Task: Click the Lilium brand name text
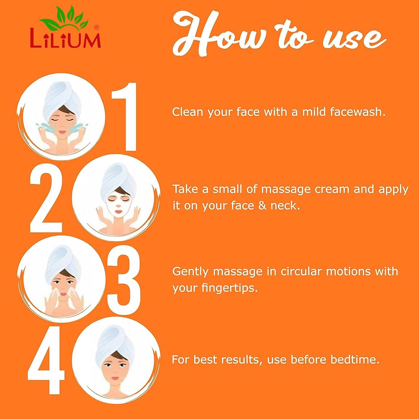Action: tap(66, 38)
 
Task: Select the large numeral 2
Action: tap(46, 198)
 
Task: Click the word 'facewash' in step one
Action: tap(358, 112)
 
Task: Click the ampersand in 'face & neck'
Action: tap(262, 205)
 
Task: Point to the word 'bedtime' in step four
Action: tap(355, 360)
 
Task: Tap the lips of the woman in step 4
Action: tap(115, 378)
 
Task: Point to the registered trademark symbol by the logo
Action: tap(97, 27)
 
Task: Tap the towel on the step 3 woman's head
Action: tap(63, 262)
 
